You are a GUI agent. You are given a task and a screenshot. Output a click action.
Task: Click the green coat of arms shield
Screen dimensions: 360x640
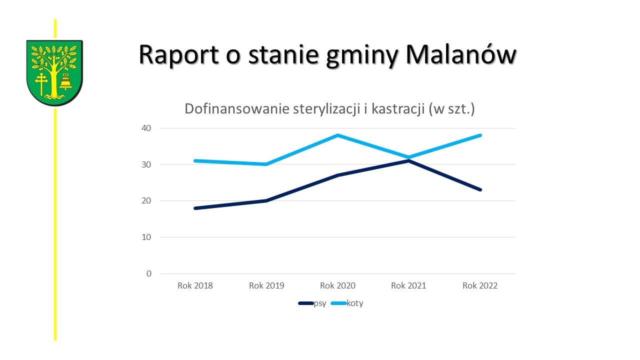pyautogui.click(x=54, y=72)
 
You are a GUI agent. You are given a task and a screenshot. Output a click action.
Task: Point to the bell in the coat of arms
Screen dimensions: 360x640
pyautogui.click(x=65, y=82)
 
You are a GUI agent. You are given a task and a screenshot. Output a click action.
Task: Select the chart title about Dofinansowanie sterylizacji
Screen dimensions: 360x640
pyautogui.click(x=329, y=109)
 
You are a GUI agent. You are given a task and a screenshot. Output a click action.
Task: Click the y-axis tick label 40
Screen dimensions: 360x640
pyautogui.click(x=146, y=128)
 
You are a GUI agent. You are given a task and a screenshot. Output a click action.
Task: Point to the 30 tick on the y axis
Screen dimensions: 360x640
pyautogui.click(x=146, y=164)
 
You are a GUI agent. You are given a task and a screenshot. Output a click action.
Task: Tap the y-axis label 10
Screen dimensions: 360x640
pyautogui.click(x=146, y=237)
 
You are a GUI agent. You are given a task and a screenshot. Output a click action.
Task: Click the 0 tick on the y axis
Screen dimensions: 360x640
pyautogui.click(x=148, y=273)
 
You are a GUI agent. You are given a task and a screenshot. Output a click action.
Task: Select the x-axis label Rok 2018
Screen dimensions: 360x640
pyautogui.click(x=195, y=285)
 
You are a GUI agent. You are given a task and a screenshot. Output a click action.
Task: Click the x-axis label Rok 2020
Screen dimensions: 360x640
pyautogui.click(x=338, y=285)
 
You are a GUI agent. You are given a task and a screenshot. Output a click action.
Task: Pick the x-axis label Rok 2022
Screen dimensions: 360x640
pyautogui.click(x=480, y=285)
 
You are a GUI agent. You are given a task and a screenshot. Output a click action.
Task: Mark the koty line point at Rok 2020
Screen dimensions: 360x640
pyautogui.click(x=338, y=135)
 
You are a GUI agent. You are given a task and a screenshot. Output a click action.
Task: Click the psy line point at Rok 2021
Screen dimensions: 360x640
pyautogui.click(x=409, y=161)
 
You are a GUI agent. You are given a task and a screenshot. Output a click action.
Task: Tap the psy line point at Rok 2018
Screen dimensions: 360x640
pyautogui.click(x=195, y=208)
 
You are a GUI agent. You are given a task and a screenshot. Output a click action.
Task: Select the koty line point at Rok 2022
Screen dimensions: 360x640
pyautogui.click(x=480, y=135)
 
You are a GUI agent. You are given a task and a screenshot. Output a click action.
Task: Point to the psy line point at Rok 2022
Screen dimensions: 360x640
pyautogui.click(x=480, y=190)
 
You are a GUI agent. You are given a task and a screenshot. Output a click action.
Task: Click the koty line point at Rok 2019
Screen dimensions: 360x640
pyautogui.click(x=266, y=164)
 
